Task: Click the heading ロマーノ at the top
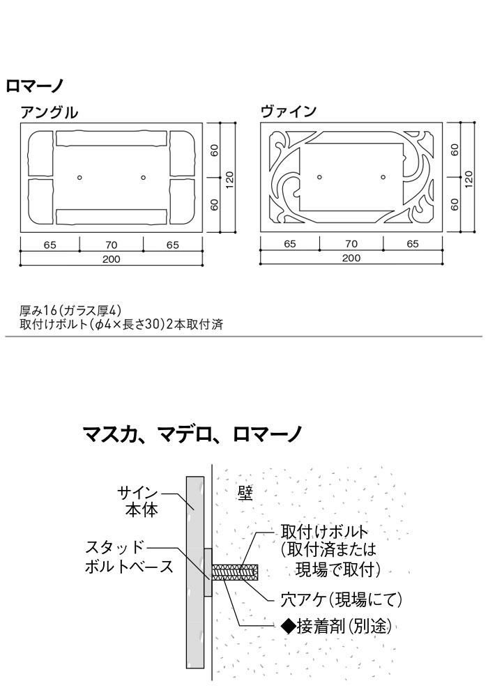click(x=35, y=86)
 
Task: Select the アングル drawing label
click(x=49, y=112)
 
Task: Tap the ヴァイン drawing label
click(x=289, y=112)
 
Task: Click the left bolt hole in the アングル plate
click(x=80, y=178)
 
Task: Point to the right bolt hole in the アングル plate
click(x=143, y=178)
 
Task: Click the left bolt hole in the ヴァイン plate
click(x=319, y=177)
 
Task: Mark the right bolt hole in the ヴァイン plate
click(x=383, y=177)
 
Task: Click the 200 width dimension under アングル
click(x=112, y=259)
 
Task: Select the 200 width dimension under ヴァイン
click(x=351, y=259)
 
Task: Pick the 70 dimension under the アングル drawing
click(x=112, y=245)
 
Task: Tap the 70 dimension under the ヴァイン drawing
click(x=351, y=244)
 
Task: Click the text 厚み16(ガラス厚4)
click(x=72, y=311)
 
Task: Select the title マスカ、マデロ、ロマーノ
click(x=192, y=435)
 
